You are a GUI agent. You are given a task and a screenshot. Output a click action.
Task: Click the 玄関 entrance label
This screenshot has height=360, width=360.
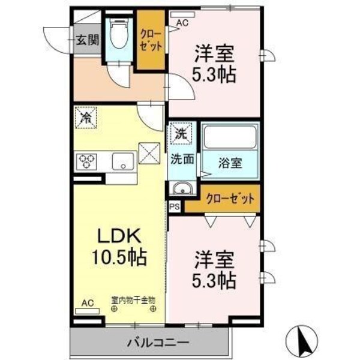[87, 40]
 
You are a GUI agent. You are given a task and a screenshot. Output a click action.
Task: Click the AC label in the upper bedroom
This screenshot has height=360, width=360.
[182, 23]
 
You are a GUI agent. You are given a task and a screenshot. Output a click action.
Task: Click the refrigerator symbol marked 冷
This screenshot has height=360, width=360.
[86, 117]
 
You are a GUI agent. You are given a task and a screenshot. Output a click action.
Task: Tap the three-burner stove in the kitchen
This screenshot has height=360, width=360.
[86, 161]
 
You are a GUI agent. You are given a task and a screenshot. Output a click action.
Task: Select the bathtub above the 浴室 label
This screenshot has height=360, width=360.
[230, 138]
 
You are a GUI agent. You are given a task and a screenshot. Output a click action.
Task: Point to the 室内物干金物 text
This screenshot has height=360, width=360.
[133, 298]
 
